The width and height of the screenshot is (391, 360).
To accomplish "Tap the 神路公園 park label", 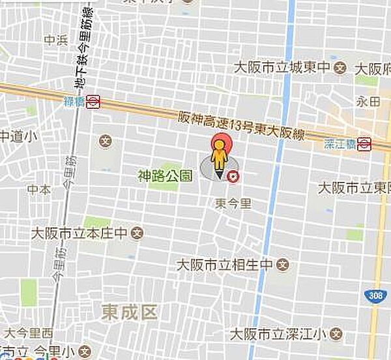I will click(165, 175).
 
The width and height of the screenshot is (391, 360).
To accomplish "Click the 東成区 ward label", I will click(130, 312).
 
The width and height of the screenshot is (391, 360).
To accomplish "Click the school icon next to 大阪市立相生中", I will click(282, 265).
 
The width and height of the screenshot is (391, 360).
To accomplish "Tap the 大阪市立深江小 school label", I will click(277, 335).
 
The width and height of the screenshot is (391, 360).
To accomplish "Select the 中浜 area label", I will click(53, 40).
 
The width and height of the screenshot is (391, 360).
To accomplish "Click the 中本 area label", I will click(38, 190).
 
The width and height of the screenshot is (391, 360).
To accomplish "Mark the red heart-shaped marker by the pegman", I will click(233, 175).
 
